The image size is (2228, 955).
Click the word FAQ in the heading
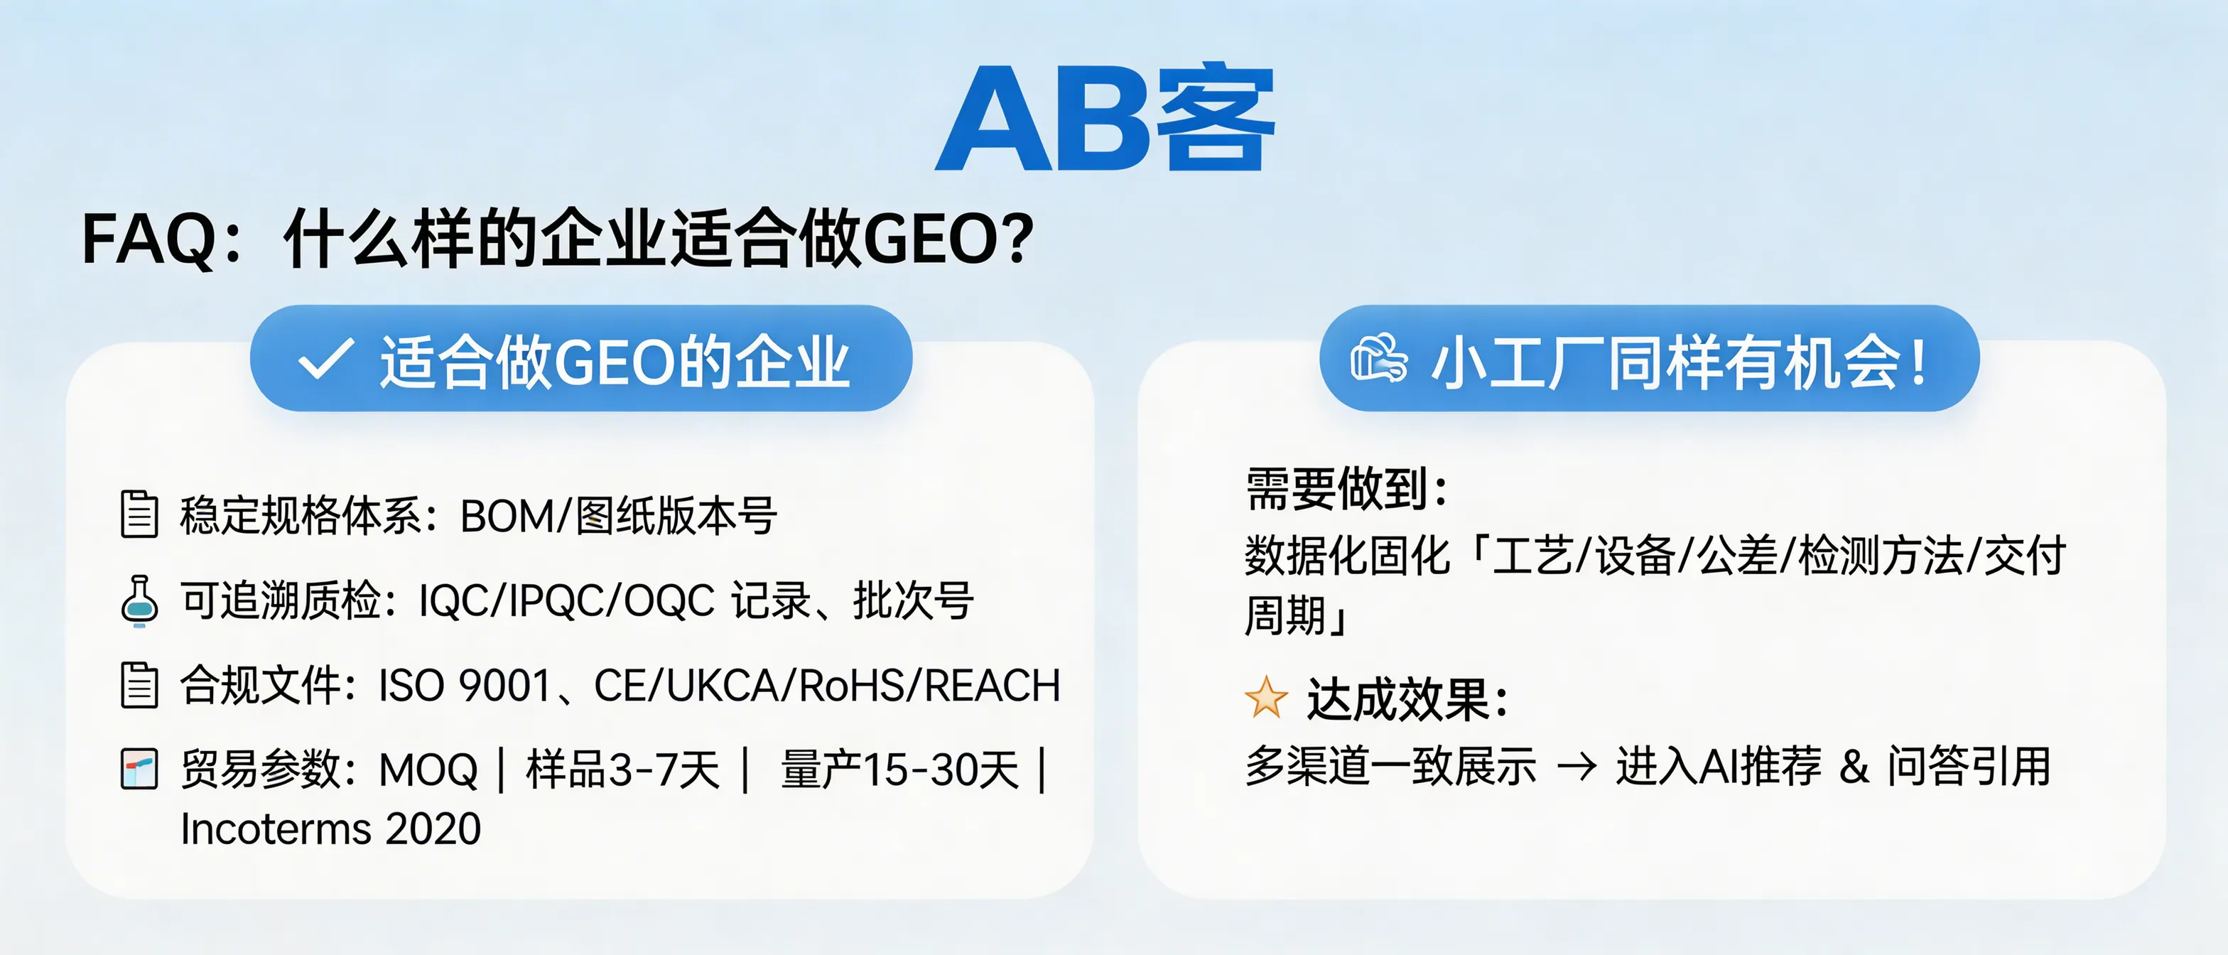point(147,239)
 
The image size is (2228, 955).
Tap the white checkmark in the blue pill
point(325,359)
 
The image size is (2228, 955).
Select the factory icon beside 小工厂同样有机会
point(1379,358)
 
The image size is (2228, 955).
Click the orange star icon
point(1265,697)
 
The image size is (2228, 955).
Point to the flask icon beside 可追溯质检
point(139,600)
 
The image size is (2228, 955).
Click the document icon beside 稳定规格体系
point(139,514)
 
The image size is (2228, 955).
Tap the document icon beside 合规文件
point(139,685)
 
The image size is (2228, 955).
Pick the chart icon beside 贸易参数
point(139,768)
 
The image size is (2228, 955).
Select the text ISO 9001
point(465,686)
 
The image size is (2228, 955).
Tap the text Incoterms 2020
point(330,829)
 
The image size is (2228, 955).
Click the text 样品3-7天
point(623,770)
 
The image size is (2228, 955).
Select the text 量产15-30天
point(899,770)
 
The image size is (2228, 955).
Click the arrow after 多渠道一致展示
point(1576,767)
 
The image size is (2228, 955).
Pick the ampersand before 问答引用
point(1854,767)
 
